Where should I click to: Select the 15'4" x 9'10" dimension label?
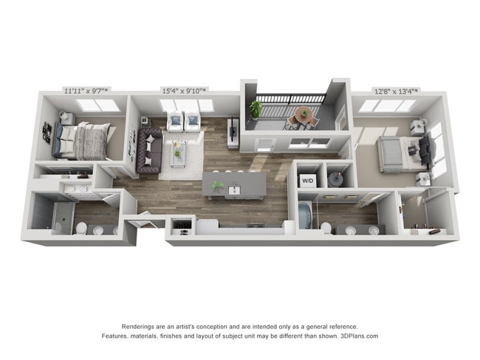tap(185, 91)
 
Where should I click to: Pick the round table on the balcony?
tap(303, 114)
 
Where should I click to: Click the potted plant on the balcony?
tap(256, 109)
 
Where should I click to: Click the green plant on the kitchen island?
tap(217, 185)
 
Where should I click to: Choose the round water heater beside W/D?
tap(336, 179)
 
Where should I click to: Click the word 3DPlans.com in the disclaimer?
tap(359, 336)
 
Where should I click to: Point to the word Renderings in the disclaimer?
tap(140, 326)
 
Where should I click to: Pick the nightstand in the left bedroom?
tap(66, 118)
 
